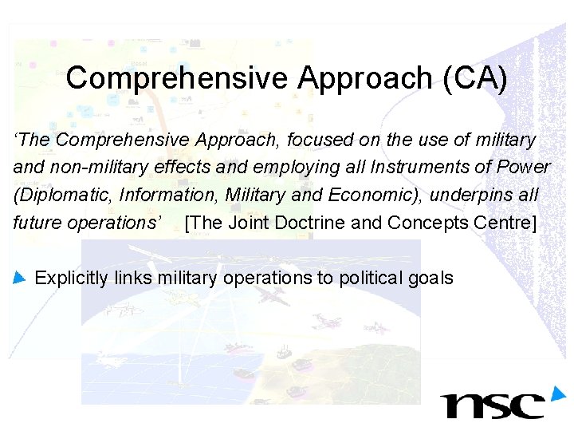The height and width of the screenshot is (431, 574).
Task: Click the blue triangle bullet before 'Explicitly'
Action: tap(20, 278)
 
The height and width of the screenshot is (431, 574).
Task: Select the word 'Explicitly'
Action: tap(72, 278)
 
